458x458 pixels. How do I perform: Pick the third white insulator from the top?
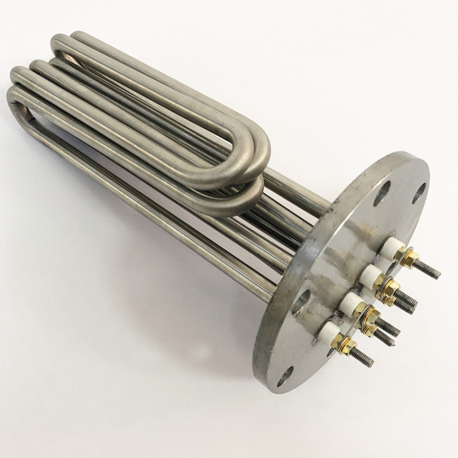[350, 303]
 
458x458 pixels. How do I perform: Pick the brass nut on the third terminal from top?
[369, 315]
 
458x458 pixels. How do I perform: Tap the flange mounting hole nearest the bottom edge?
[285, 377]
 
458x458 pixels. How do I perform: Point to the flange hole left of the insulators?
[302, 301]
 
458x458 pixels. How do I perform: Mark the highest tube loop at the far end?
[63, 43]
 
